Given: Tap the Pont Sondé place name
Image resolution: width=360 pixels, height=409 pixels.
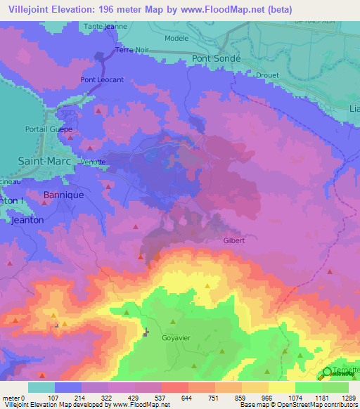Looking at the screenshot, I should pyautogui.click(x=217, y=59).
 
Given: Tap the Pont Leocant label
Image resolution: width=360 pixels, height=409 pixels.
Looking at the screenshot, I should pyautogui.click(x=102, y=80).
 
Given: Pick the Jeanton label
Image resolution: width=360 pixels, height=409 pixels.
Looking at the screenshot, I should pyautogui.click(x=29, y=220).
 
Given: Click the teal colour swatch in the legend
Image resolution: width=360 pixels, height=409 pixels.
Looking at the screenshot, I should pyautogui.click(x=41, y=387).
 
